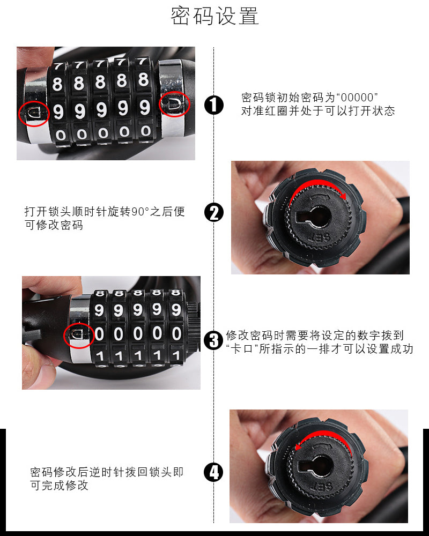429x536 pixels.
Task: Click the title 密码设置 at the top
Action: pos(214,16)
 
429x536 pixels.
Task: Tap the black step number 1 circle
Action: pos(214,105)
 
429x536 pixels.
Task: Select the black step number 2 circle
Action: pos(214,212)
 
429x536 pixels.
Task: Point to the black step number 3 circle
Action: pos(213,340)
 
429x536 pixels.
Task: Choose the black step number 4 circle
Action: pos(213,472)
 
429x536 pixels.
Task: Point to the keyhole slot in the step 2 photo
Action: pos(314,217)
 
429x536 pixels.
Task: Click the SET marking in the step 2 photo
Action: pos(319,237)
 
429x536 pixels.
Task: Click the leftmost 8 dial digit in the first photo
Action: pos(57,84)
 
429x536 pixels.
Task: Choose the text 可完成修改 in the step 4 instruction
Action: pos(59,485)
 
